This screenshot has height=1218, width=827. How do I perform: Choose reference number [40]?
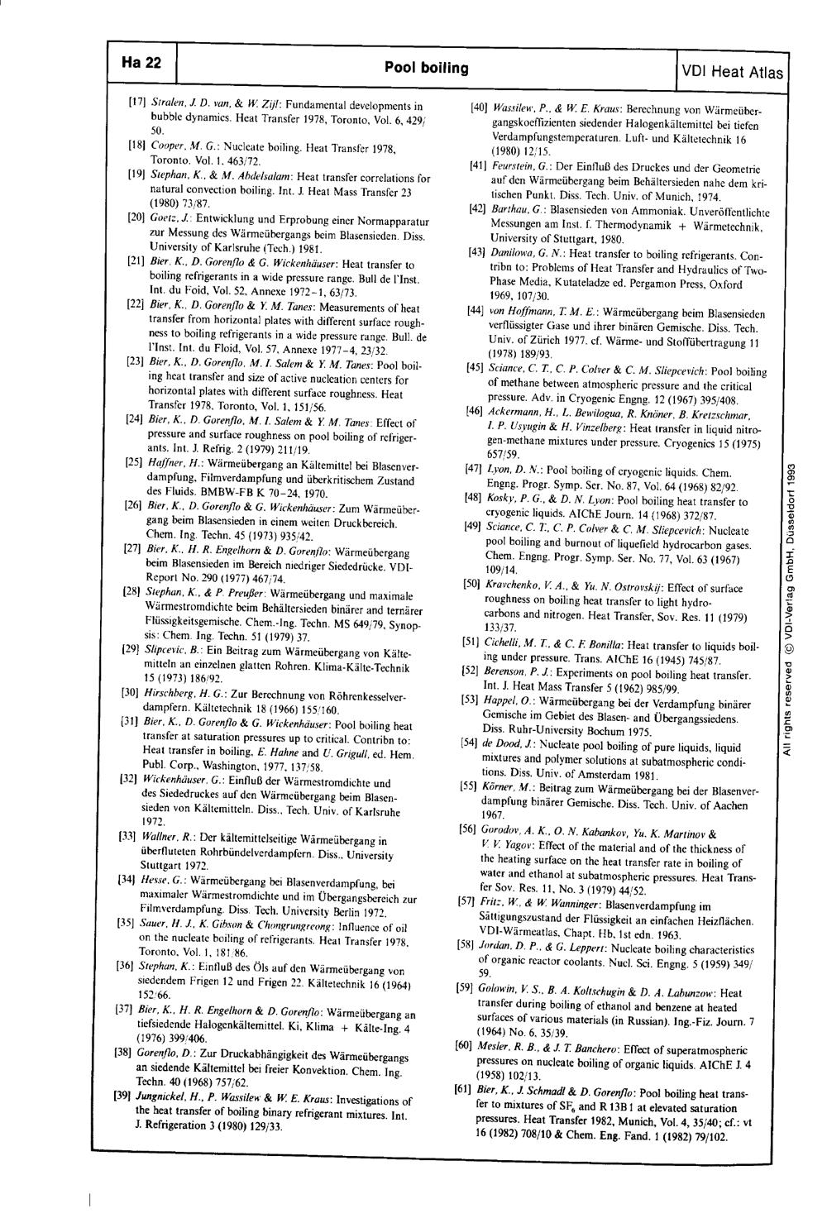(476, 107)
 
